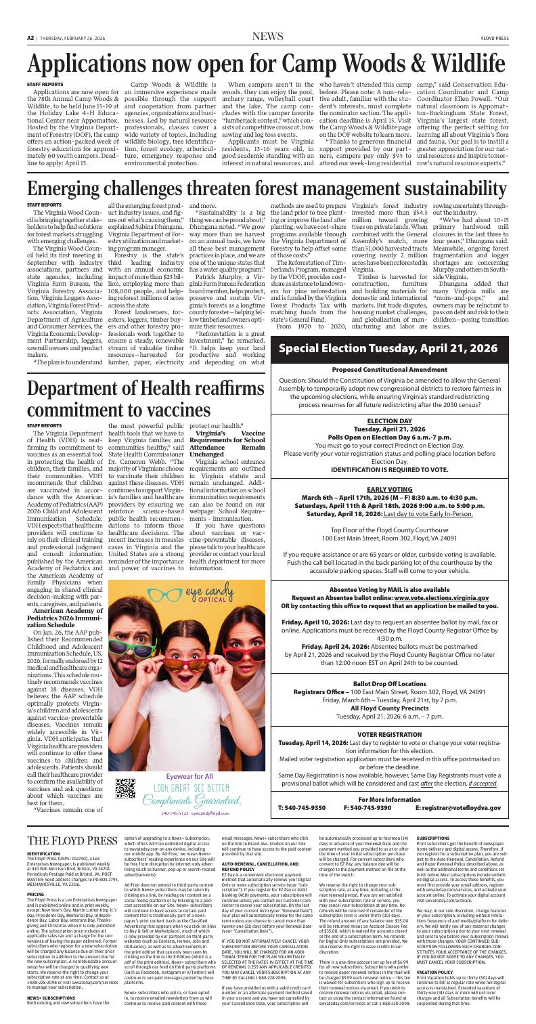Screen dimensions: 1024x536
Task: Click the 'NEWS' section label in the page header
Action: coord(267,7)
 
